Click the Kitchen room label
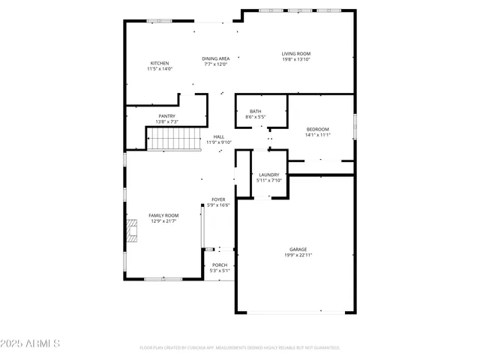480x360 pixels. [160, 63]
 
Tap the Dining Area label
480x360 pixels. [216, 58]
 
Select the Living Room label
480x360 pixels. [296, 53]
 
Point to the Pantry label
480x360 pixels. [166, 115]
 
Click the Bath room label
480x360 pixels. [256, 112]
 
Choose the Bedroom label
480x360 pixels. [317, 129]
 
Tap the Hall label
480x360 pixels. [219, 136]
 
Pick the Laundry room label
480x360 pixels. [268, 175]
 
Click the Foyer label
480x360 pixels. [218, 199]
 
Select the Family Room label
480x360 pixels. [163, 215]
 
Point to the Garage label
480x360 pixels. [298, 249]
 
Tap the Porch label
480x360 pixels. [220, 265]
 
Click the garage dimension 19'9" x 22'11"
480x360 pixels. [298, 256]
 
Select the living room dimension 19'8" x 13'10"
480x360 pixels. [296, 59]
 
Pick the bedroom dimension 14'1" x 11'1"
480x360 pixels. [317, 135]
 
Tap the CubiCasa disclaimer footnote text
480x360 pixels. [240, 348]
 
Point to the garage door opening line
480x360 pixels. [322, 311]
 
